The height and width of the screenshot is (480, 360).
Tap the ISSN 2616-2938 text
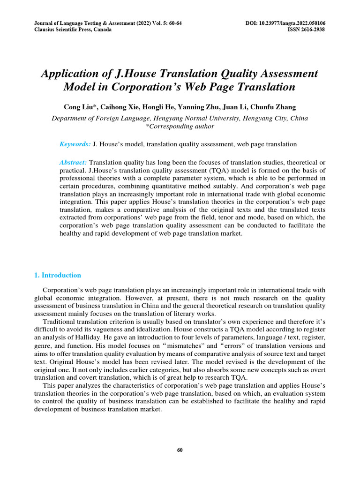coord(306,30)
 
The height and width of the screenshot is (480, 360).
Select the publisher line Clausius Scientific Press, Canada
coord(73,30)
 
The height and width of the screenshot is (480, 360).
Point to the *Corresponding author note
coord(180,126)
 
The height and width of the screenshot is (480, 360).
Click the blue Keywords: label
coord(75,144)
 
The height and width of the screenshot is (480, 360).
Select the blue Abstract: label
coord(73,162)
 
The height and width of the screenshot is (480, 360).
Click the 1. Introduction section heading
coord(58,275)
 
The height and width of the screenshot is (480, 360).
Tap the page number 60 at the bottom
coord(180,450)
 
